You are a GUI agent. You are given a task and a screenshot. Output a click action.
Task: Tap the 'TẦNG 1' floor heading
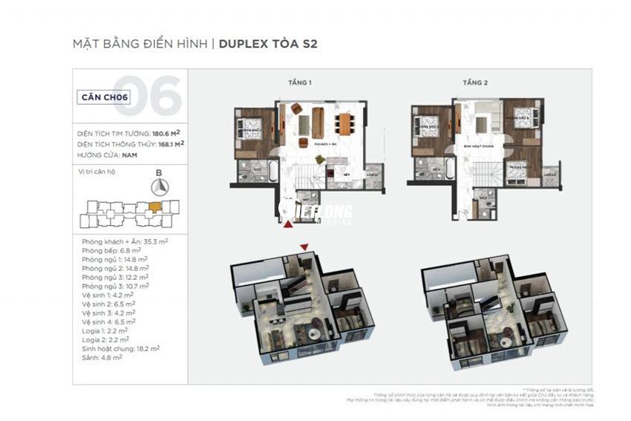[x=300, y=83]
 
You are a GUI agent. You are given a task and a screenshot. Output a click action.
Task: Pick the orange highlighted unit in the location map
[x=154, y=206]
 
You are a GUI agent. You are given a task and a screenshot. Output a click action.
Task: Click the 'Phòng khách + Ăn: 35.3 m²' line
[x=125, y=242]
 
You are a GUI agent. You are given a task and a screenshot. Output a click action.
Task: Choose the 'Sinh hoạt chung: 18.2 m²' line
[x=121, y=347]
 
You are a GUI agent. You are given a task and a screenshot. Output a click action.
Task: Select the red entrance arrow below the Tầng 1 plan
[x=288, y=222]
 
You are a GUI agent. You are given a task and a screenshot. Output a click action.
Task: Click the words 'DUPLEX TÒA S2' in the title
[x=269, y=44]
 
